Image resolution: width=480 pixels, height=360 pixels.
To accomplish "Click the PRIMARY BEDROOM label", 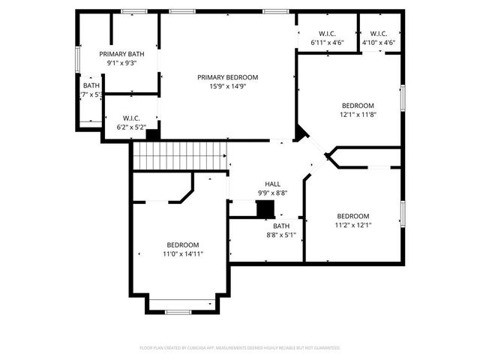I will (227, 77).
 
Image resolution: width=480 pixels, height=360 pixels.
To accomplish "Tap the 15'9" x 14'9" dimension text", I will (227, 86).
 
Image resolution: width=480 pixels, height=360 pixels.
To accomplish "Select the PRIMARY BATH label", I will (121, 54).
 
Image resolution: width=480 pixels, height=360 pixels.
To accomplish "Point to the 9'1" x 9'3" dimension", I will (121, 63).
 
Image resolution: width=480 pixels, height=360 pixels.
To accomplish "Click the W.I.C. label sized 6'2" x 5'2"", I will (131, 118).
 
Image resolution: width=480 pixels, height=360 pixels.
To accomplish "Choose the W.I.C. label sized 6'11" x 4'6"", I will (327, 34).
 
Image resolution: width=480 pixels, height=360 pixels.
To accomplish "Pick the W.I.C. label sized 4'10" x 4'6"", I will (378, 34).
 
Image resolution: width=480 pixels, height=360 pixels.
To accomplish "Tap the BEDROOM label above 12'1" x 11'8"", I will (358, 106).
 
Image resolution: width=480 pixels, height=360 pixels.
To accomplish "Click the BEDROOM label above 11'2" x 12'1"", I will (352, 216).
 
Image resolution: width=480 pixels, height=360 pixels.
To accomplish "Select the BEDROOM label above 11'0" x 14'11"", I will (182, 245).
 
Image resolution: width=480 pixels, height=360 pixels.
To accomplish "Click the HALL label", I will (272, 184).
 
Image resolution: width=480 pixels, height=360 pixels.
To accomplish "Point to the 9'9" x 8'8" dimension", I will (272, 193).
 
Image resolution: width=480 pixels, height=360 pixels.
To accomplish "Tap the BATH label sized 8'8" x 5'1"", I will (281, 226).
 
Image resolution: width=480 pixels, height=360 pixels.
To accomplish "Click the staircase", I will (180, 156).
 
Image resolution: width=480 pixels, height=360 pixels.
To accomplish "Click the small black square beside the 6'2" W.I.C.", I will (152, 135).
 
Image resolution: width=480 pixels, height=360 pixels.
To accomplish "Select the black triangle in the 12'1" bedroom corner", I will (300, 133).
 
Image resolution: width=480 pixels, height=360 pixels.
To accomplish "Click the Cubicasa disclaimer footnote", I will (240, 348).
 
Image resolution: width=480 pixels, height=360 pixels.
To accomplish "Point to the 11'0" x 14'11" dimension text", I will (182, 254).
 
